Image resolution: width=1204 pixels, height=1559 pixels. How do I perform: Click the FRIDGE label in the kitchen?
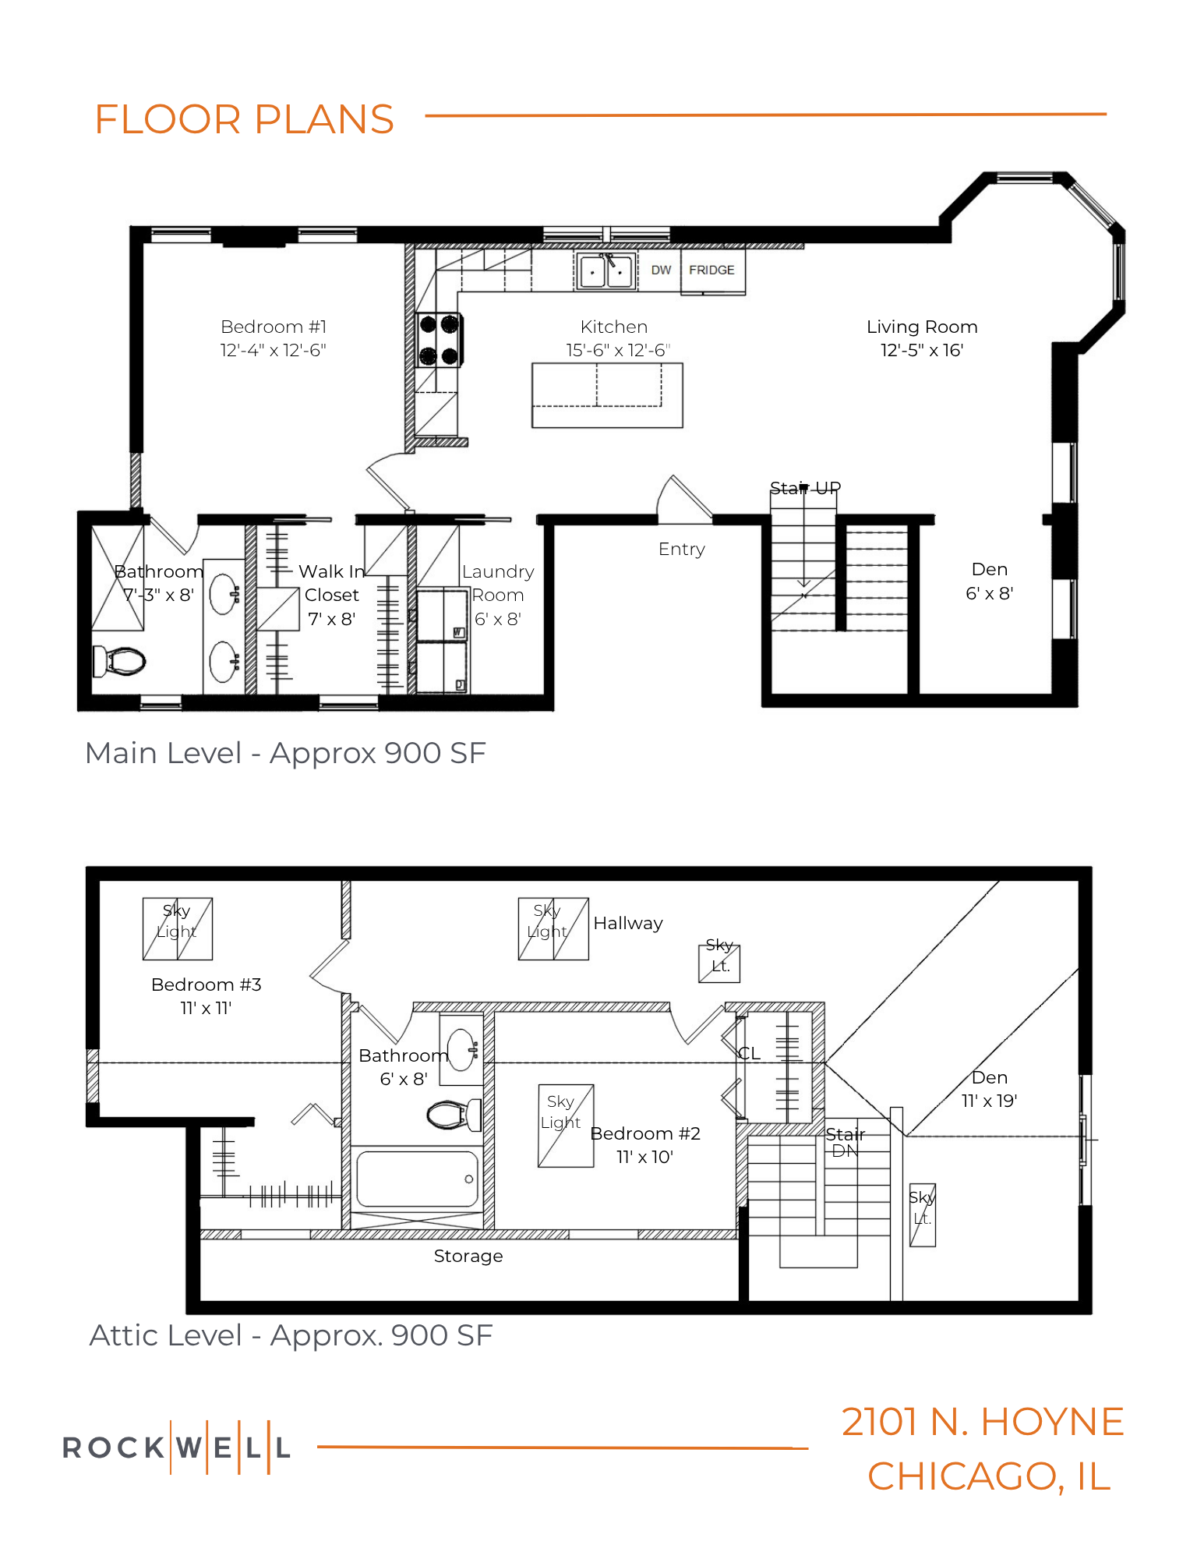711,270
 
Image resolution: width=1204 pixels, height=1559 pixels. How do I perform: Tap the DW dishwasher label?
661,270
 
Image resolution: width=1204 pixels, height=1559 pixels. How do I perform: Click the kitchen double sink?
606,271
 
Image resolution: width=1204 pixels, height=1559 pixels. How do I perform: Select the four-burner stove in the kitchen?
439,339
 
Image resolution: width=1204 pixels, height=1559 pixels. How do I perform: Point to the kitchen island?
607,395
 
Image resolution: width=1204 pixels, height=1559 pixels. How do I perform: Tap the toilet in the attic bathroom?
454,1115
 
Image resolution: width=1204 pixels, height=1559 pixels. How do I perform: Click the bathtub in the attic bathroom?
417,1179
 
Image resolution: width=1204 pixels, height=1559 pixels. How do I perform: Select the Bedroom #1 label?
274,327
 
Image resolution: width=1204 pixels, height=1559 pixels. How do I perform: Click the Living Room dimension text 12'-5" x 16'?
922,351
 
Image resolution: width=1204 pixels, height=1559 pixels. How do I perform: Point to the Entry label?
682,550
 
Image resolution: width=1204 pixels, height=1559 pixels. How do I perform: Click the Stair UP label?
805,488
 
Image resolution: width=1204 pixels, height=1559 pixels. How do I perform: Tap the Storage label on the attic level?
468,1257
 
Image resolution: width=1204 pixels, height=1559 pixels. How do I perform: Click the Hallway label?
628,924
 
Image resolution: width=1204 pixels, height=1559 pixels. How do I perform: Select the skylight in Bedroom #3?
178,929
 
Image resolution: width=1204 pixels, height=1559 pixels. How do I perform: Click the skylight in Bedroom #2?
566,1126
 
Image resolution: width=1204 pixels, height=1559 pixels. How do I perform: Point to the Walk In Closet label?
332,595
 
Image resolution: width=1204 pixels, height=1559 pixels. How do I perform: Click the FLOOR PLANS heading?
245,119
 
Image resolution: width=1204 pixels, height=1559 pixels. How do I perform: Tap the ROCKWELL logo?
177,1448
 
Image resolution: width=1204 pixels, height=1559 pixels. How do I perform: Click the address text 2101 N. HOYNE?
983,1422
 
